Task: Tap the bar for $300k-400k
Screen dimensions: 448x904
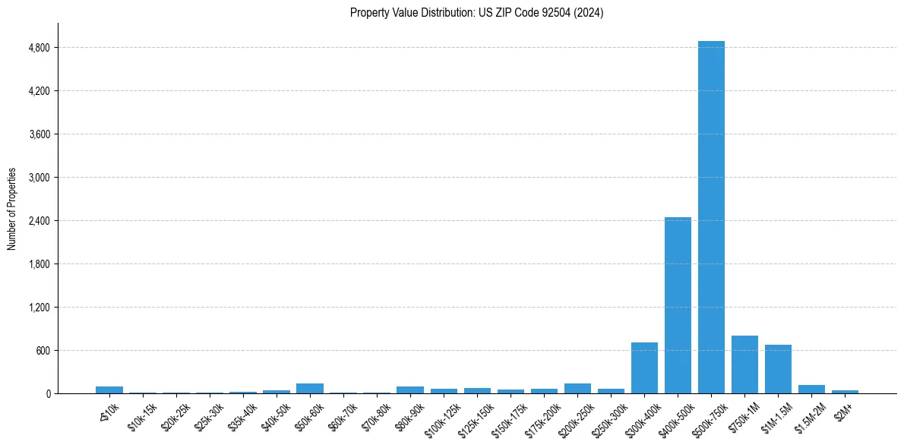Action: coord(644,368)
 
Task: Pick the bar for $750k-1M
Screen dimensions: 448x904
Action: coord(744,364)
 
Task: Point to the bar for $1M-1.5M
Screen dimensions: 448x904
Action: coord(778,369)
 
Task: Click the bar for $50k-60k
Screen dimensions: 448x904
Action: coord(310,389)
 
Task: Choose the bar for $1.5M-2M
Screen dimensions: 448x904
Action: coord(811,390)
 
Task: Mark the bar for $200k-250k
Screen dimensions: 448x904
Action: coord(577,389)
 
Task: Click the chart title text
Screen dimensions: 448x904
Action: coord(476,13)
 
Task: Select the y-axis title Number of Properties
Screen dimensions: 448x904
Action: coord(12,209)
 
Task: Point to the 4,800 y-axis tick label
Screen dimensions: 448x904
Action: coord(38,48)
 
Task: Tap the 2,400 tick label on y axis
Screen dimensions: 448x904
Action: coord(38,221)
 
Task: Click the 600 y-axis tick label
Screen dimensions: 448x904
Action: coord(43,351)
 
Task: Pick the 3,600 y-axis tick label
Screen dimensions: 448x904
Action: coord(38,134)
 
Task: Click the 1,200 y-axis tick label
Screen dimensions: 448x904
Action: coord(38,308)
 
